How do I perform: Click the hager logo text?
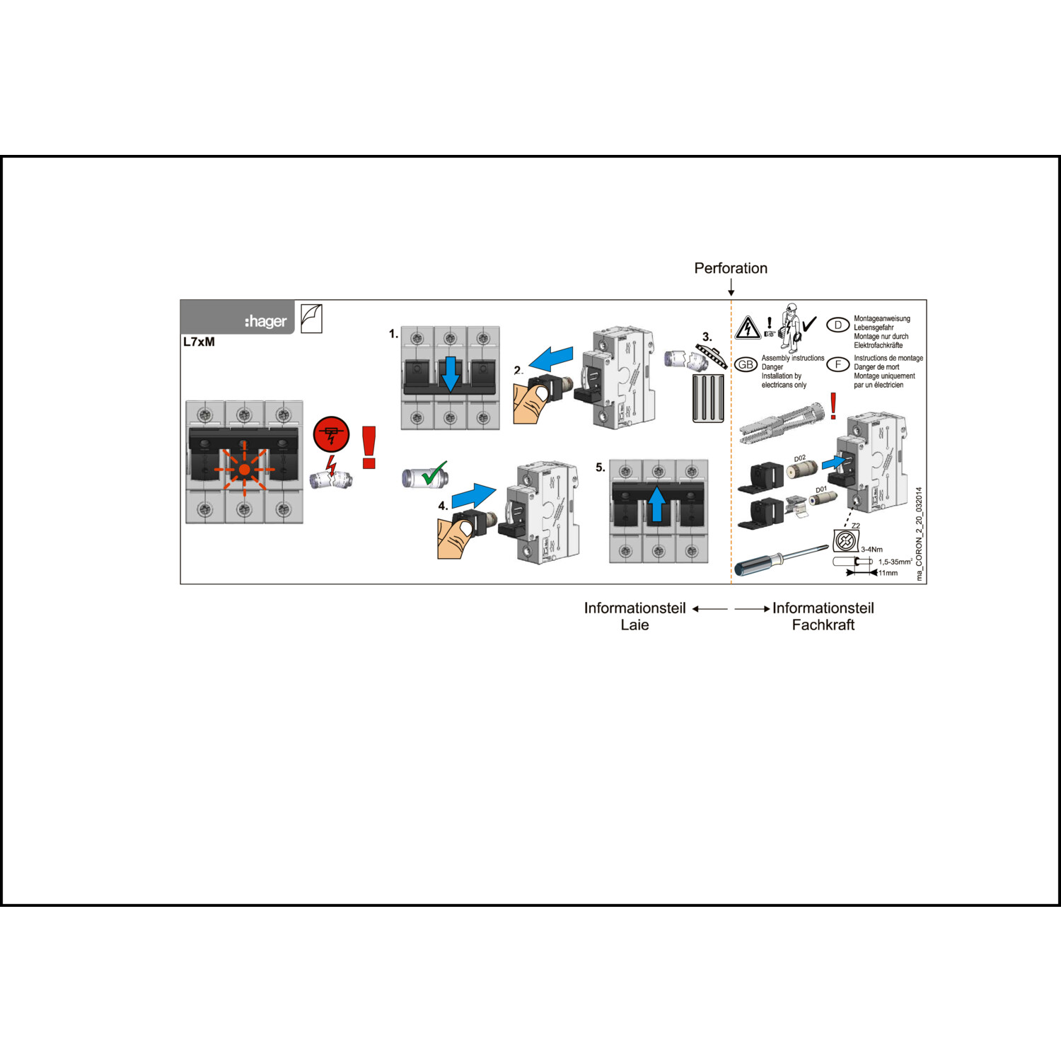pos(266,321)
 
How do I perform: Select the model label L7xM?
pos(199,342)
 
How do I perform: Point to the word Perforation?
pos(731,268)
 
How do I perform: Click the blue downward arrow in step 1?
pos(450,373)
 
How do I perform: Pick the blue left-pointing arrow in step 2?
pos(551,358)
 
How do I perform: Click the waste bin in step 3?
pos(708,398)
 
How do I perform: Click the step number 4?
pos(443,506)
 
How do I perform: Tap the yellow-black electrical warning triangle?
pos(748,327)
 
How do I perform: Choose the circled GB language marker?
pos(746,364)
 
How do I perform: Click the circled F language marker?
pos(838,364)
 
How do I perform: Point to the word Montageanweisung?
pos(881,318)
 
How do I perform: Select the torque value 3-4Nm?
pos(871,549)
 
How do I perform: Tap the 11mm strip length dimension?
pos(888,573)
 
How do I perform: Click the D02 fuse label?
pos(799,458)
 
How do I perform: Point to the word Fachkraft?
pos(823,625)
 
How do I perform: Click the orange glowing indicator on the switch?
pos(244,469)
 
